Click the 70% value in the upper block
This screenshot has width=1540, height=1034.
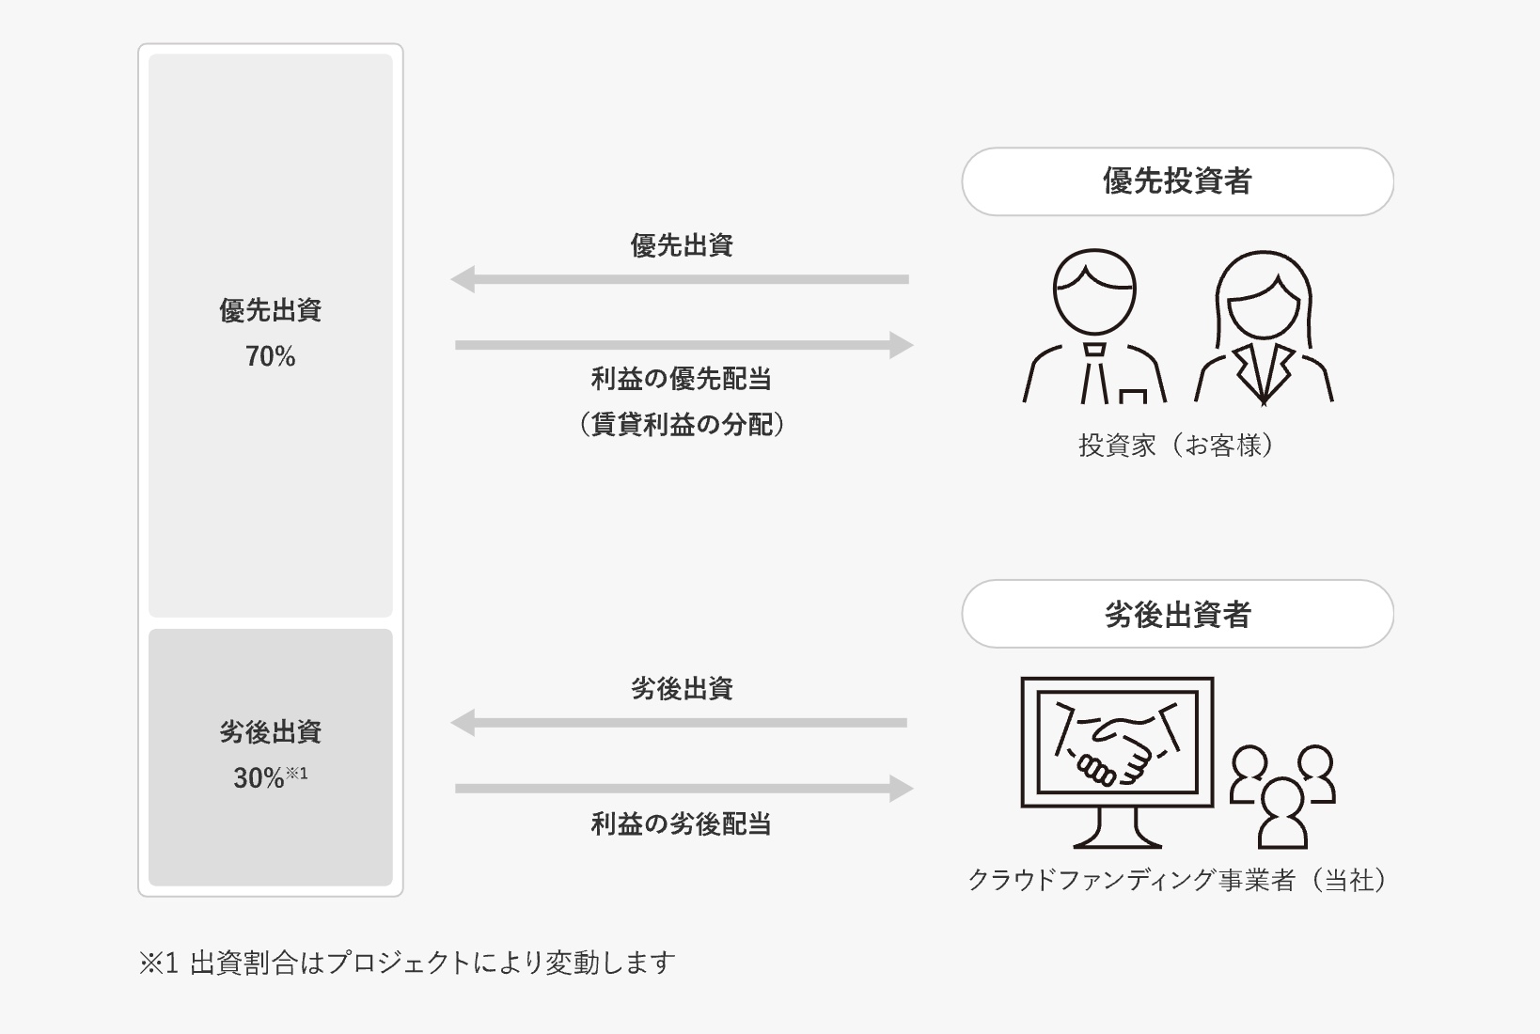tap(270, 356)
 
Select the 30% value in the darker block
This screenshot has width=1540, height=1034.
tap(259, 778)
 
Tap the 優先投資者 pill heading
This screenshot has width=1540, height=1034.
tap(1177, 181)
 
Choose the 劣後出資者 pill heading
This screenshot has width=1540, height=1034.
tap(1177, 614)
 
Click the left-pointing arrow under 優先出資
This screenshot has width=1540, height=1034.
tap(679, 279)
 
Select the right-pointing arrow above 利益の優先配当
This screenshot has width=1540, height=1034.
tap(684, 345)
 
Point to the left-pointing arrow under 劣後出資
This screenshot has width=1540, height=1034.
tap(679, 723)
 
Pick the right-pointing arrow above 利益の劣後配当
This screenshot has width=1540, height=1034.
tap(684, 789)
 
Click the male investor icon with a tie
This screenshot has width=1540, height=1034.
tap(1094, 326)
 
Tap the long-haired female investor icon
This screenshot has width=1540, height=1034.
tap(1264, 329)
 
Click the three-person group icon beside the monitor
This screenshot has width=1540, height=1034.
tap(1283, 796)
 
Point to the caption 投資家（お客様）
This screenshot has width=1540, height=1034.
tap(1176, 446)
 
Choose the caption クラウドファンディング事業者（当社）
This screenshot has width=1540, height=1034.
tap(1177, 880)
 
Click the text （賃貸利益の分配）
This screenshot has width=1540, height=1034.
tap(682, 425)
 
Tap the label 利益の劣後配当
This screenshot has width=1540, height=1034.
tap(682, 823)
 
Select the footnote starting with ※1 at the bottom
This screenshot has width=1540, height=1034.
tap(407, 963)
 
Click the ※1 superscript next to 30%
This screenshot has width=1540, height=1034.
tap(297, 774)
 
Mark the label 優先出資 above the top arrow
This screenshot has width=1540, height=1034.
tap(682, 245)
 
